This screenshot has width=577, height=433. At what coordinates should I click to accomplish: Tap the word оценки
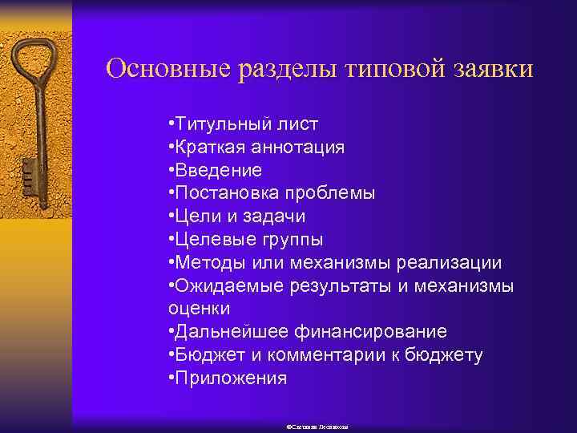point(199,308)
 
